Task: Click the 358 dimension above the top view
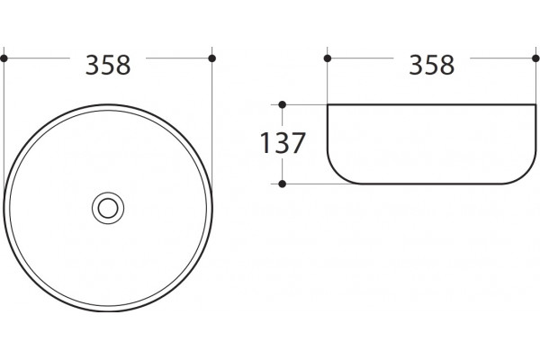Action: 108,65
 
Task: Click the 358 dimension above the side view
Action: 431,65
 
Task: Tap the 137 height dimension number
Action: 283,143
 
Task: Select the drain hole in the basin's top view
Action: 108,208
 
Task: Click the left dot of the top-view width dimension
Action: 4,58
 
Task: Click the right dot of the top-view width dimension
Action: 212,58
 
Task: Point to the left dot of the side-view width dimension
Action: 328,58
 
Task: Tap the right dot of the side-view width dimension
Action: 535,58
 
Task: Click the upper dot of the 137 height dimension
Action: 282,104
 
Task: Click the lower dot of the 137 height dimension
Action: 282,184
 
